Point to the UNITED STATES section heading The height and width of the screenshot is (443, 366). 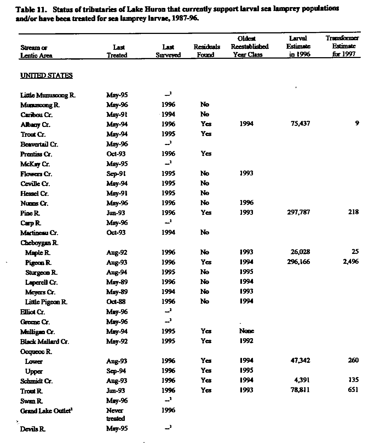[47, 76]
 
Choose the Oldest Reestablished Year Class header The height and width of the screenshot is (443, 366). [249, 47]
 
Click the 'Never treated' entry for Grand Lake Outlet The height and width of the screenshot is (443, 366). [115, 414]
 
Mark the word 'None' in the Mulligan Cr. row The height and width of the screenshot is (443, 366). [246, 331]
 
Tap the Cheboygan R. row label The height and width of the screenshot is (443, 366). [39, 243]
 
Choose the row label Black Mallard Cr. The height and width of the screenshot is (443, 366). [45, 341]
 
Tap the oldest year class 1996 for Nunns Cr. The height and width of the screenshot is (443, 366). [246, 203]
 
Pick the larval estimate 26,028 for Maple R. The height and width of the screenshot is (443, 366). [300, 252]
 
